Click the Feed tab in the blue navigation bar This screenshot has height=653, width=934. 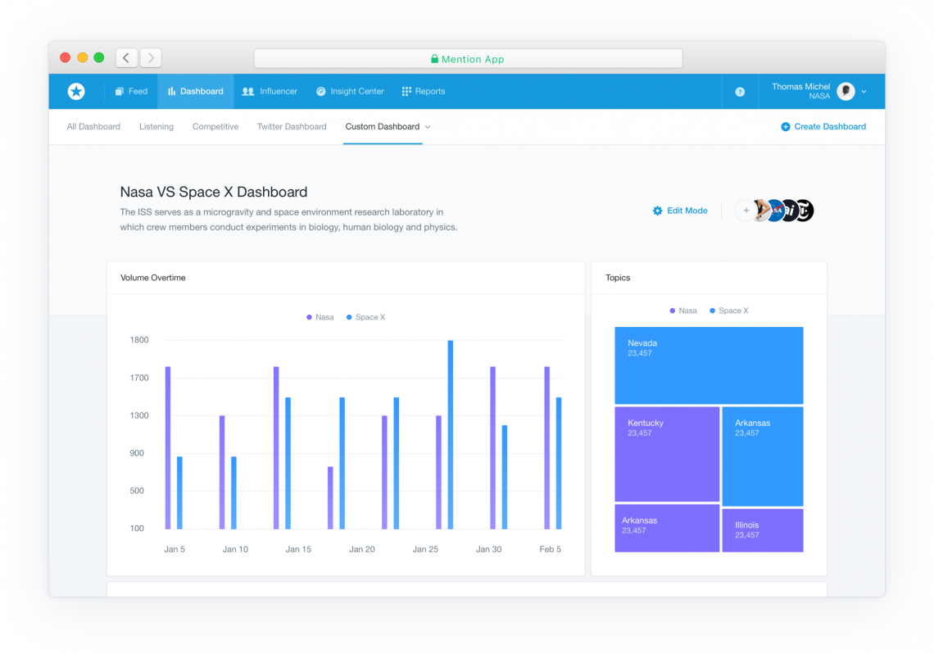click(131, 92)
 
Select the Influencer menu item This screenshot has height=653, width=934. click(270, 92)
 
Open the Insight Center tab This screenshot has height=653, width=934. click(350, 92)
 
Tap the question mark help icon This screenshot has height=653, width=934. click(740, 93)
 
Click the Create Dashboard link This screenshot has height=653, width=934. click(823, 127)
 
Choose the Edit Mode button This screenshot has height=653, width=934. click(680, 211)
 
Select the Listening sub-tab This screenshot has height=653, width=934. click(156, 127)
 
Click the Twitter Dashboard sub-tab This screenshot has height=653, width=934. click(292, 127)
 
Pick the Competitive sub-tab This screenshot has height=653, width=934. click(215, 127)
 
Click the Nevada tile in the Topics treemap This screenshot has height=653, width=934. click(709, 365)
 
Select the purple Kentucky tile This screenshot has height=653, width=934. click(667, 454)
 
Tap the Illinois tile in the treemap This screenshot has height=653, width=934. click(762, 530)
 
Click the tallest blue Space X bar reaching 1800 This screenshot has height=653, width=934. click(451, 434)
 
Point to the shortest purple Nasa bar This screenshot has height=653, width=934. click(330, 498)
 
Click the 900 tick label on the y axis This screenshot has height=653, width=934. click(137, 453)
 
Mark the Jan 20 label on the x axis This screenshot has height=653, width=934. click(361, 549)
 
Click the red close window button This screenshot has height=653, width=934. click(66, 57)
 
